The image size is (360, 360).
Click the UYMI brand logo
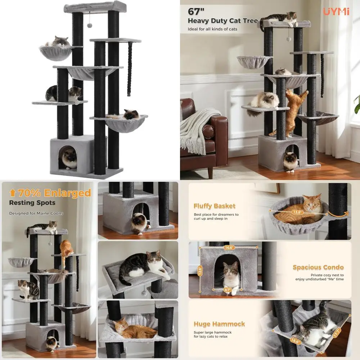336,12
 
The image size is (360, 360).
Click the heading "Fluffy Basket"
215,206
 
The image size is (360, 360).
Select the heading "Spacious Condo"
318,267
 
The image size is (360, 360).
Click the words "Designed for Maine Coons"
36,213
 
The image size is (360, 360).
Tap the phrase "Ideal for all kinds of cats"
212,29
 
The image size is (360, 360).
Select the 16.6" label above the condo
229,248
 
